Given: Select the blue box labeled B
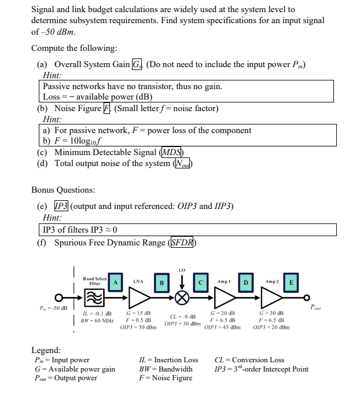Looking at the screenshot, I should pyautogui.click(x=160, y=282).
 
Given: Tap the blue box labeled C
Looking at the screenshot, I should pyautogui.click(x=201, y=282).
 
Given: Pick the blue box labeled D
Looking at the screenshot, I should pyautogui.click(x=246, y=282).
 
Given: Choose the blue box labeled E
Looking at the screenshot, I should pyautogui.click(x=291, y=282).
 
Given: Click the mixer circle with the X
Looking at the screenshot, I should pyautogui.click(x=182, y=299).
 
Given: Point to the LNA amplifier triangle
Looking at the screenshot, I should pyautogui.click(x=138, y=298).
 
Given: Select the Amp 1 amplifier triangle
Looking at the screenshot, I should pyautogui.click(x=224, y=298).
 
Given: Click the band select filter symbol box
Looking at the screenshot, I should pyautogui.click(x=92, y=298).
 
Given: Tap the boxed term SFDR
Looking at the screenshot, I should pyautogui.click(x=182, y=243).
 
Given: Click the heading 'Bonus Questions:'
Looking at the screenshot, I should pyautogui.click(x=63, y=190).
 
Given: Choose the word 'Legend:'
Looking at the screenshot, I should pyautogui.click(x=46, y=350).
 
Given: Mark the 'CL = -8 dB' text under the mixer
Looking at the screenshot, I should pyautogui.click(x=182, y=317).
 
